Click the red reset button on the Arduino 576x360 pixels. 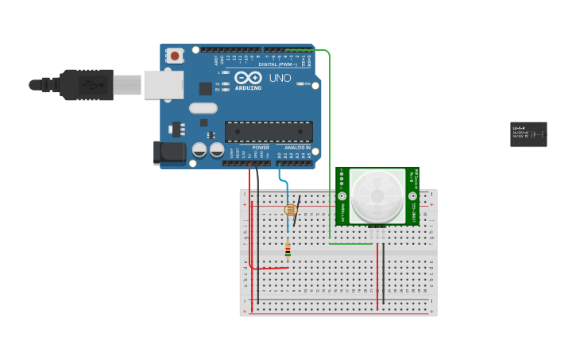click(x=174, y=56)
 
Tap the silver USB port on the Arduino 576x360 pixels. click(x=163, y=84)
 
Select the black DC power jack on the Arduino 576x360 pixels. click(x=168, y=153)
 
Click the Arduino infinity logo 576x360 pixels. click(x=248, y=79)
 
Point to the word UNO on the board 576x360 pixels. click(x=280, y=79)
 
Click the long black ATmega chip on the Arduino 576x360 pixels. click(x=269, y=132)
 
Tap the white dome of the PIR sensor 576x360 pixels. click(x=377, y=195)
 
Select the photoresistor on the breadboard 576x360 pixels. click(x=290, y=210)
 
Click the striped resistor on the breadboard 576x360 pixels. click(x=288, y=251)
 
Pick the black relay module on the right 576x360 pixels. click(x=528, y=134)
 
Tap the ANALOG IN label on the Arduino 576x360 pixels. click(x=298, y=148)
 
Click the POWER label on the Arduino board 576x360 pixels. click(x=261, y=148)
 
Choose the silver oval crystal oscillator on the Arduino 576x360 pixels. click(x=203, y=108)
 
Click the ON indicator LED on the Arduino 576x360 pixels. click(x=301, y=83)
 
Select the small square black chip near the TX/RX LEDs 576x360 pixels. click(x=205, y=88)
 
